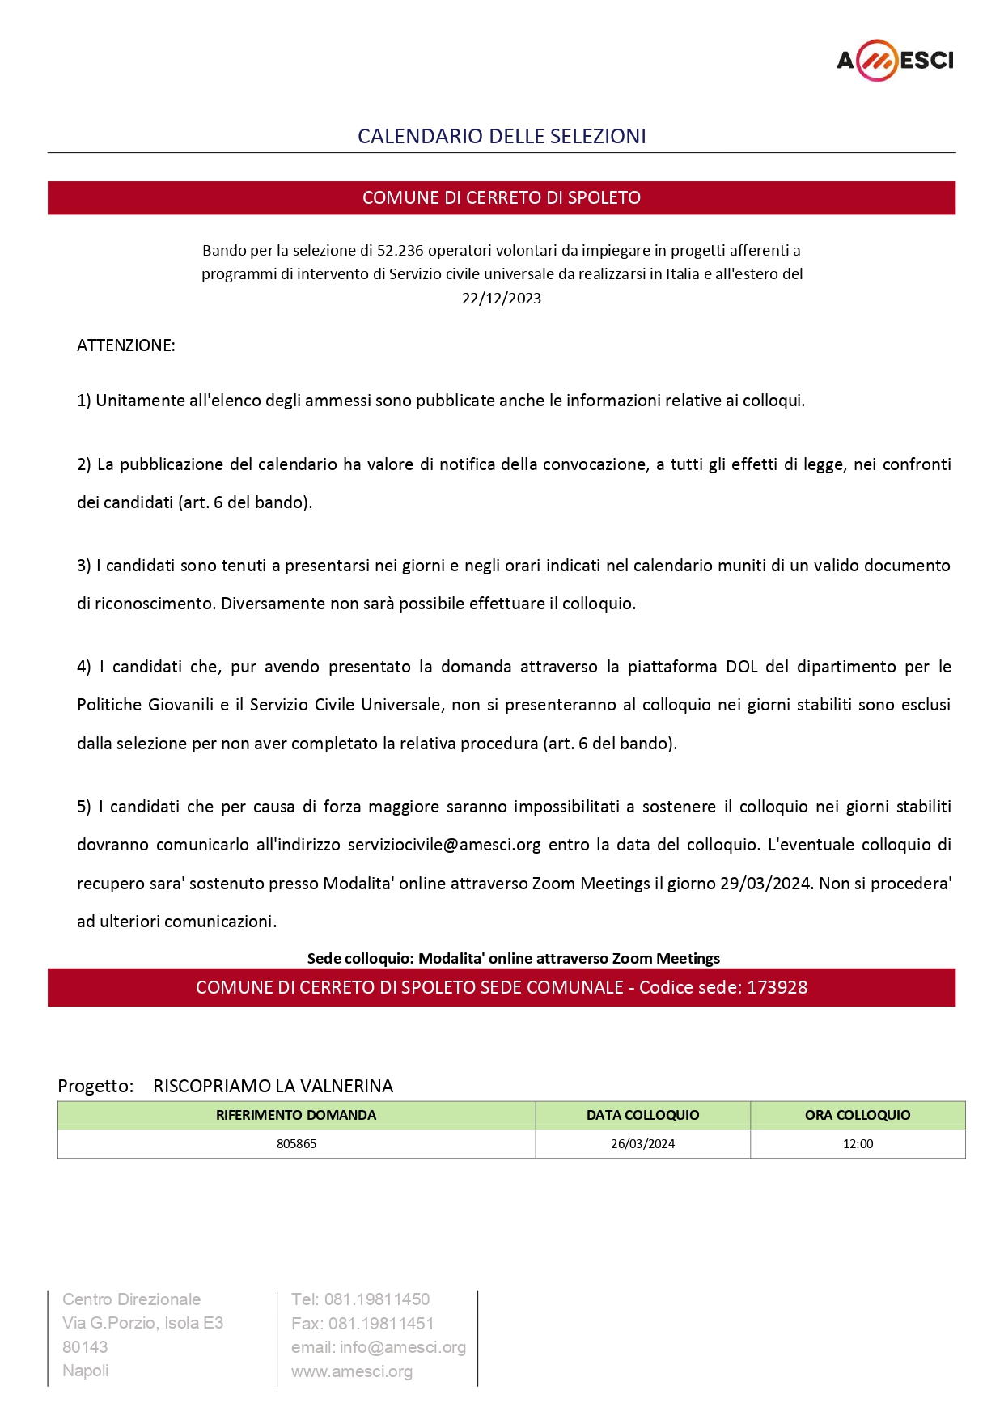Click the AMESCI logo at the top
[x=895, y=61]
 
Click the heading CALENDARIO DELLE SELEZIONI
[x=502, y=136]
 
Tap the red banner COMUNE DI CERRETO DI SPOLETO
[x=502, y=198]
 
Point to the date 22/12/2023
[x=502, y=299]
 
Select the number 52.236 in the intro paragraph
[x=400, y=251]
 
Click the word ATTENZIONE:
[x=126, y=345]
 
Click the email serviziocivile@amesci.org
[x=444, y=845]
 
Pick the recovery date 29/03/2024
[x=765, y=884]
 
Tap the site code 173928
[x=777, y=987]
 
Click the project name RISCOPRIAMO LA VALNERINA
[x=273, y=1086]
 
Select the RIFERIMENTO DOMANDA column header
[x=296, y=1115]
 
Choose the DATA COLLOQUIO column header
[x=642, y=1115]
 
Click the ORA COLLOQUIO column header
[x=858, y=1115]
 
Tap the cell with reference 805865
[x=296, y=1144]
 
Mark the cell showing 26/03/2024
[x=642, y=1144]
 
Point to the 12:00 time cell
[x=858, y=1144]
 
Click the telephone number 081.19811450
[x=377, y=1299]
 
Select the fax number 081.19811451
[x=381, y=1324]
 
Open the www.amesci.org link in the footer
[x=352, y=1371]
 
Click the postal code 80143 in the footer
[x=85, y=1347]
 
